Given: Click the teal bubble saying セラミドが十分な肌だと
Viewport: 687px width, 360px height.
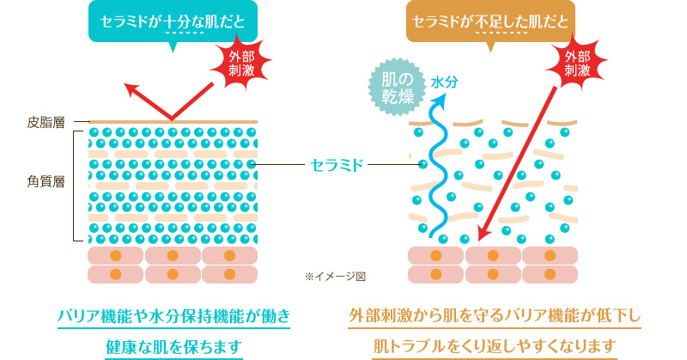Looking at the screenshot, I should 173,21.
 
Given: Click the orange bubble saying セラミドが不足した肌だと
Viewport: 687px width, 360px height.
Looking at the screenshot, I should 490,21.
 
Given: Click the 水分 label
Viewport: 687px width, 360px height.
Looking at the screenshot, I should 443,83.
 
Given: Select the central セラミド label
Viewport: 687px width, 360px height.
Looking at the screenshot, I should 337,162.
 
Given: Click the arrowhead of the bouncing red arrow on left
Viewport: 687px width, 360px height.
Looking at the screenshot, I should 131,88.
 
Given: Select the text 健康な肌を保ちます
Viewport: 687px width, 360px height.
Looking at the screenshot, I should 173,346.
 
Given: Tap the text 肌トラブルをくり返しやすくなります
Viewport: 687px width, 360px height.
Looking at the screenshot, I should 495,346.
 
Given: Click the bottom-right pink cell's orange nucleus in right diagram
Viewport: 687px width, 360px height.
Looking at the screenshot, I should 550,274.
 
